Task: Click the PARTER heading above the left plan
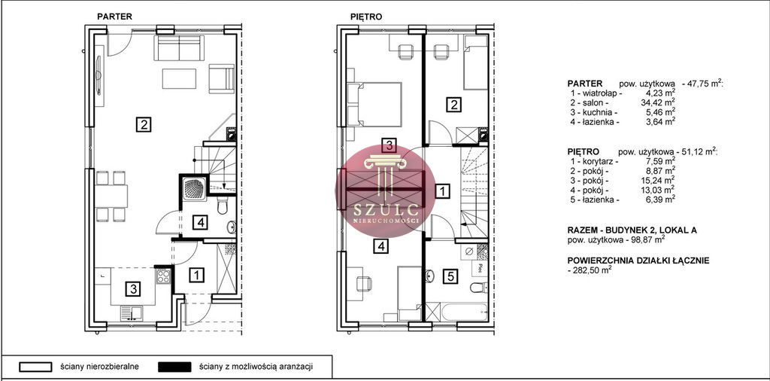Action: [114, 17]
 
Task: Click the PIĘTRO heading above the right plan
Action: [366, 17]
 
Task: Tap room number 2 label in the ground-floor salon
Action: [144, 124]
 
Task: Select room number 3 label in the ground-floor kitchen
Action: [132, 288]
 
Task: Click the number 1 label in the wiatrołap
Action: [196, 275]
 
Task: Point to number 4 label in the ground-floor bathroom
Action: [200, 223]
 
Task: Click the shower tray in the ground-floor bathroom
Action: [194, 188]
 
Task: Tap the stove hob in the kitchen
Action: [163, 276]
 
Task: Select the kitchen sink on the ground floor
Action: [131, 313]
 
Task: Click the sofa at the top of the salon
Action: [179, 47]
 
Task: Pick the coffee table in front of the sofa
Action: [179, 78]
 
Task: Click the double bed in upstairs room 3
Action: [374, 104]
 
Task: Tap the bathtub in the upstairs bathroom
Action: [463, 312]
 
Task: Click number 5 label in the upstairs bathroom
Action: [451, 277]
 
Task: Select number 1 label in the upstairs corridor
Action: [443, 190]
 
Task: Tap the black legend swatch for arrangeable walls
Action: [174, 367]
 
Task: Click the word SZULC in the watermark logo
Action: [386, 210]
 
